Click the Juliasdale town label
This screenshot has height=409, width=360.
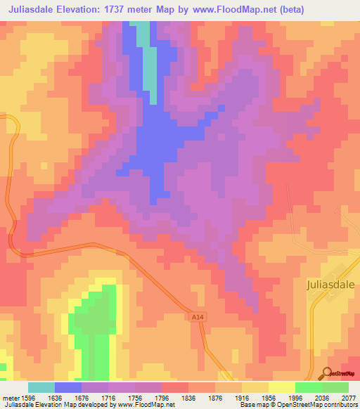[x=332, y=285]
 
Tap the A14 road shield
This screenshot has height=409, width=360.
[x=198, y=318]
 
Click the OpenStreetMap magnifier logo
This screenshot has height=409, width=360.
[x=327, y=373]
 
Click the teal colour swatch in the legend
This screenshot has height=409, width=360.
[x=41, y=387]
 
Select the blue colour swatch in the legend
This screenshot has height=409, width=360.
[x=67, y=387]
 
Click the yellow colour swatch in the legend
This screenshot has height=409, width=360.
[x=281, y=387]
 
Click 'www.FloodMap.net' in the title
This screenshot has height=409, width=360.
[x=262, y=10]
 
